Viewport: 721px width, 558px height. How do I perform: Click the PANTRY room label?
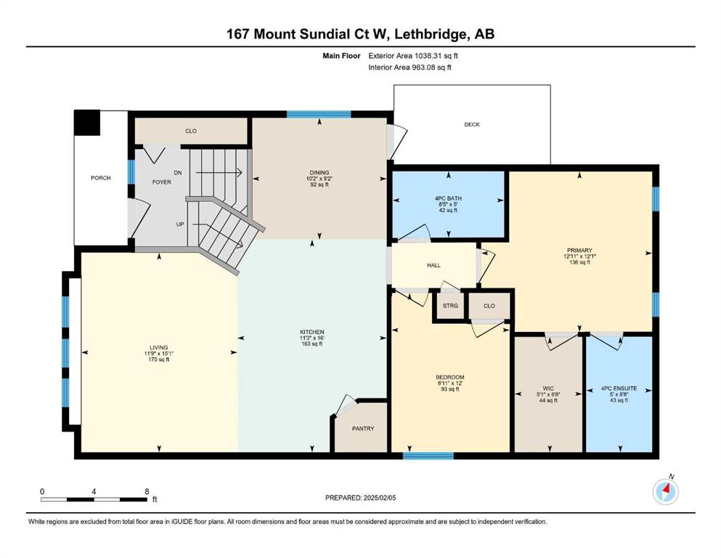(x=363, y=429)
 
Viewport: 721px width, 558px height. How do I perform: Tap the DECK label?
(x=472, y=125)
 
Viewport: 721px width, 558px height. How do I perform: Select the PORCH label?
(x=101, y=178)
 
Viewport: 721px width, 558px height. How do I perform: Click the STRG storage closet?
(x=451, y=305)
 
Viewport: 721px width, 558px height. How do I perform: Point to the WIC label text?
(x=548, y=389)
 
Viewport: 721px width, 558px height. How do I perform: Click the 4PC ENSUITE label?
(x=619, y=389)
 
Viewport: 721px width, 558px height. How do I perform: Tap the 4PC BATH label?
(x=448, y=199)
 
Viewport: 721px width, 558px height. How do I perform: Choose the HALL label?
(x=433, y=265)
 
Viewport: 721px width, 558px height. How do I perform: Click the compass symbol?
(x=665, y=491)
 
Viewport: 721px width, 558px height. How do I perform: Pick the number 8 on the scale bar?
(x=147, y=491)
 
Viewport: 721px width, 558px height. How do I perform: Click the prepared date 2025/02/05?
(x=379, y=498)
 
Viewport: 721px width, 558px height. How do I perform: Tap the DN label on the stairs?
(x=177, y=173)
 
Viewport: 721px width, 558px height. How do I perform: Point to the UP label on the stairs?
(x=180, y=225)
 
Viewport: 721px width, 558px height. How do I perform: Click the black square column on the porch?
(x=87, y=122)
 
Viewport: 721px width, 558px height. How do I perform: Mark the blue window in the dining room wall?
(x=319, y=115)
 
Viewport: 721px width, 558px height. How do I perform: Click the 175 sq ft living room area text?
(x=158, y=360)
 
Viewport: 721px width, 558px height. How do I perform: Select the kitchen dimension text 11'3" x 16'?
(x=312, y=338)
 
